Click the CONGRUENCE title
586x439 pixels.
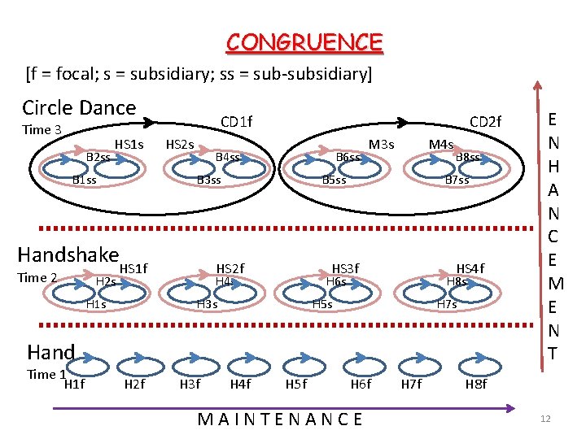(x=304, y=42)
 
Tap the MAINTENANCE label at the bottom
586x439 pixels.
(x=281, y=419)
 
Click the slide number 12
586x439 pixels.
(x=545, y=419)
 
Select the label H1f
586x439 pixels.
(x=74, y=384)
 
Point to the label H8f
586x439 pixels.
(x=475, y=384)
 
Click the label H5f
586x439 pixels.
(x=296, y=384)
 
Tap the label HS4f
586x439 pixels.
(x=470, y=269)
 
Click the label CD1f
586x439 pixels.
(x=237, y=122)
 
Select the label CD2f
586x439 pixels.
(x=486, y=122)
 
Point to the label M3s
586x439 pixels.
(x=381, y=145)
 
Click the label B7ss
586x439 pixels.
(x=457, y=180)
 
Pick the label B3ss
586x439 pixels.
(x=209, y=180)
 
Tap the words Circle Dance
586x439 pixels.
(x=79, y=107)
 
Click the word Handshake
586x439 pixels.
(x=68, y=254)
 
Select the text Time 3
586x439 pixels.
(x=42, y=130)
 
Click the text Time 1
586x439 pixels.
(x=46, y=374)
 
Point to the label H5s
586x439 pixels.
(x=323, y=304)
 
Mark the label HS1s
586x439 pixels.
(x=129, y=145)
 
